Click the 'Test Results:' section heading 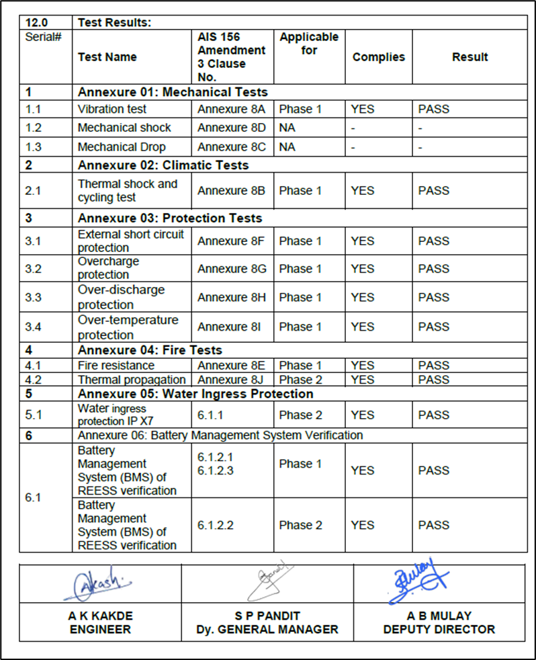114,22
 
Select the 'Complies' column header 378,57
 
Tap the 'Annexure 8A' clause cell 231,109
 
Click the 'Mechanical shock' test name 124,128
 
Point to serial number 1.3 34,147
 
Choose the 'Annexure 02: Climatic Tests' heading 163,165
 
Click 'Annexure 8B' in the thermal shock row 231,191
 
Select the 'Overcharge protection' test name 108,268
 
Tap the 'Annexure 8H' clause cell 232,297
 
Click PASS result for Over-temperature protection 433,327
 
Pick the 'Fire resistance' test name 116,366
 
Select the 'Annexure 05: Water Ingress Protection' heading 195,394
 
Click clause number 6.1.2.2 216,526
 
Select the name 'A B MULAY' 439,616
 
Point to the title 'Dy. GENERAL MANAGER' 267,630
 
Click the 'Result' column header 470,57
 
